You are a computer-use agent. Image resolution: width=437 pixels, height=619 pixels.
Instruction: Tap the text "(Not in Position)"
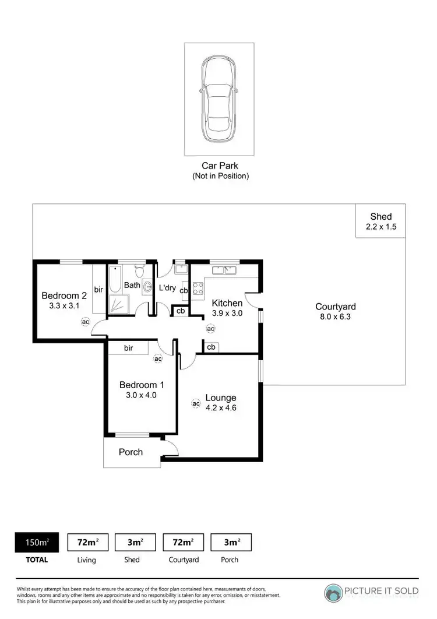[x=220, y=176]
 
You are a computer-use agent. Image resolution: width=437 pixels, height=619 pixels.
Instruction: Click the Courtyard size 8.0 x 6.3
[x=335, y=317]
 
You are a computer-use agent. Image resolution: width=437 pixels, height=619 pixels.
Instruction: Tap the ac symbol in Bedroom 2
[x=85, y=322]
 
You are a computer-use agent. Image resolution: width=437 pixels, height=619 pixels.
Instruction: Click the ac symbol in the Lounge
[x=196, y=403]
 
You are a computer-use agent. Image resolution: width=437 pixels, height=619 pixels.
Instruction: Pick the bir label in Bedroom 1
[x=128, y=348]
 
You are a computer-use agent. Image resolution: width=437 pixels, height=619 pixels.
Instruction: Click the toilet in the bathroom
[x=139, y=272]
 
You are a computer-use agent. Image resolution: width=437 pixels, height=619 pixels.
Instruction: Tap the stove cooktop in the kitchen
[x=198, y=287]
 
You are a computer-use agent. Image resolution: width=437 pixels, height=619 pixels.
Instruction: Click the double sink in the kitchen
[x=224, y=270]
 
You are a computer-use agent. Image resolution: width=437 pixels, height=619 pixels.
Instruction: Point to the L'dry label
[x=167, y=288]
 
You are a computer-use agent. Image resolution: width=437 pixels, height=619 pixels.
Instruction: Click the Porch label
[x=131, y=452]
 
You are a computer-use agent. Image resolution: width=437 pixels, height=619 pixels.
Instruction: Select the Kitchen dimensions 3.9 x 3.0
[x=227, y=313]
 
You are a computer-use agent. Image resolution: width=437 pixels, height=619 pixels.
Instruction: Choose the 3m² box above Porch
[x=231, y=542]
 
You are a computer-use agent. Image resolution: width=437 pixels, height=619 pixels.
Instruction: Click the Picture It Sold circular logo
[x=334, y=592]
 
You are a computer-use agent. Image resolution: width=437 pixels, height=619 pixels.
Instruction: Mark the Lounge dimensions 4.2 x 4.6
[x=220, y=408]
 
